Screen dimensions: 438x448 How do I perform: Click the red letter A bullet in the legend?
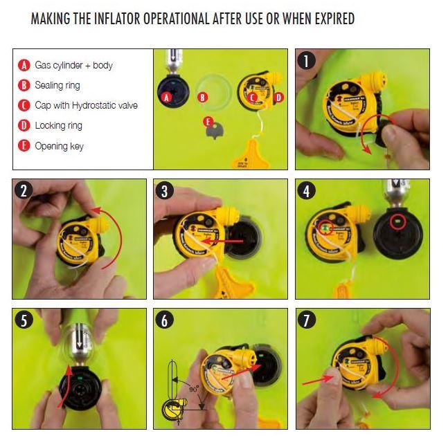pos(24,65)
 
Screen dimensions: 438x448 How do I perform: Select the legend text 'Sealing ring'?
pos(57,85)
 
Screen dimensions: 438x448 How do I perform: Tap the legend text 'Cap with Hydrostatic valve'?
pos(86,105)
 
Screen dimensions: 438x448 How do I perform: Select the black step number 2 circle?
pos(25,192)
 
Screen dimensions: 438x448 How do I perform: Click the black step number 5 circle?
pos(25,322)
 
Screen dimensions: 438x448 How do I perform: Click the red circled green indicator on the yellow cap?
pos(323,228)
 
